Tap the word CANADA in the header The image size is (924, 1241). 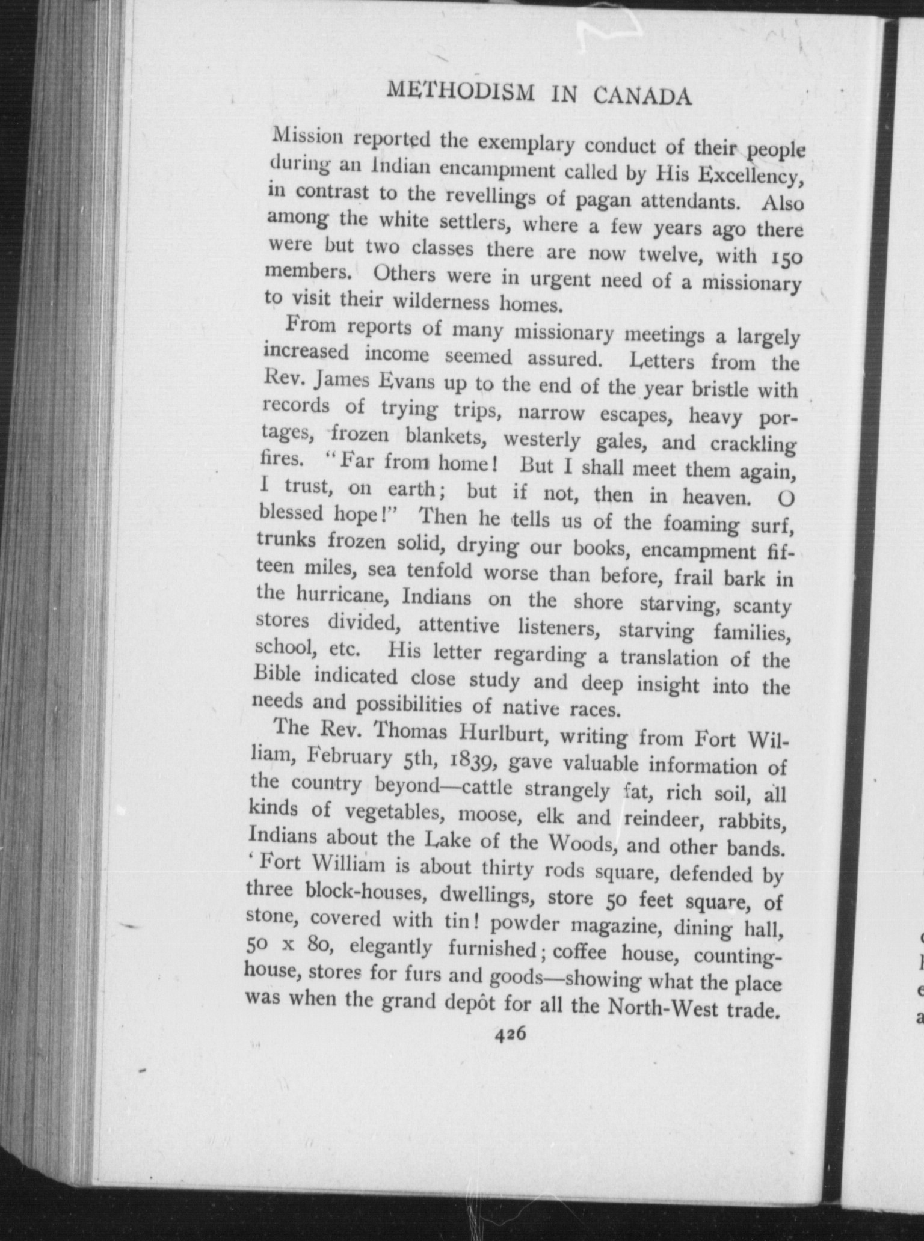pos(642,96)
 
